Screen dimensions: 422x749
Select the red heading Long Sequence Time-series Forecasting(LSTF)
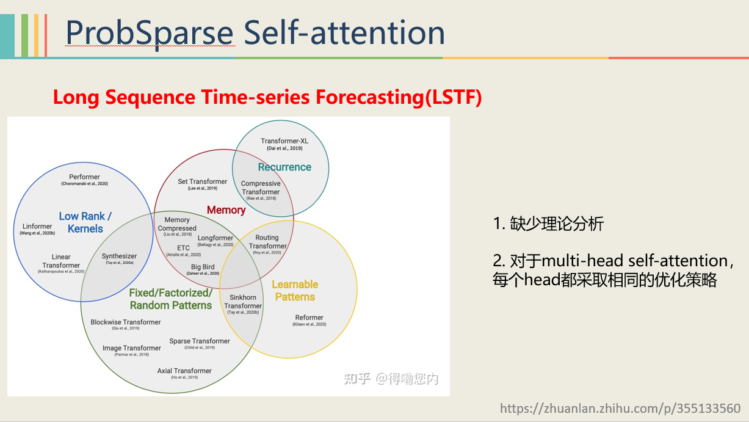tap(267, 97)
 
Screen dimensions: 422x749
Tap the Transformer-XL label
tap(284, 141)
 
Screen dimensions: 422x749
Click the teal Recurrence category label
tap(284, 167)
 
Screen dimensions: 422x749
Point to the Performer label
tap(84, 177)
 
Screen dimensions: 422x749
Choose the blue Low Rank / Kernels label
tap(85, 222)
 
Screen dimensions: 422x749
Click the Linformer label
tap(37, 227)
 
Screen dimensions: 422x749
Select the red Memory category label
tap(226, 210)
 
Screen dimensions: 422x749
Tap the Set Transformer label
tap(203, 181)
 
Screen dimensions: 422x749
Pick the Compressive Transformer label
tap(261, 187)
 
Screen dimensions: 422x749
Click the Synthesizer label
tap(119, 256)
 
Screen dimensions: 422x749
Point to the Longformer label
tap(215, 238)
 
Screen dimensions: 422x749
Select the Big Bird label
tap(203, 267)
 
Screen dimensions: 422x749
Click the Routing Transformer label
tap(267, 242)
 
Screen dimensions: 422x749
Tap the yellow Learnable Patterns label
tap(295, 291)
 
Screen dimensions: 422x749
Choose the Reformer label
tap(309, 318)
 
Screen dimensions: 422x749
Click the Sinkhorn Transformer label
tap(243, 302)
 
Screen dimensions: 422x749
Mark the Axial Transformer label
tap(184, 371)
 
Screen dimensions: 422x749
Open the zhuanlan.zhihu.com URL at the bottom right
tap(620, 409)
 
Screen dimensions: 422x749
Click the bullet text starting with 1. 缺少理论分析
tap(548, 224)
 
